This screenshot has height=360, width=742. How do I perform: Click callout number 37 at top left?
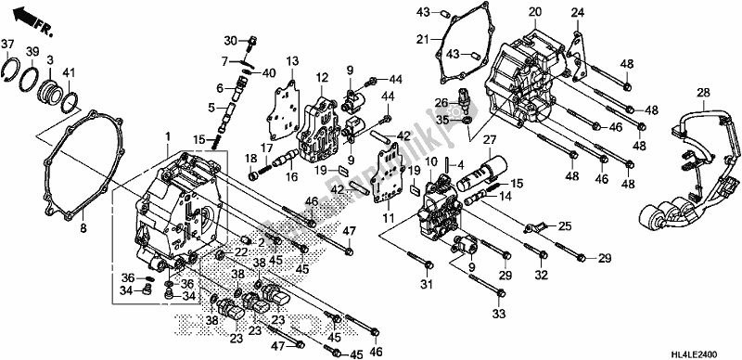click(x=7, y=45)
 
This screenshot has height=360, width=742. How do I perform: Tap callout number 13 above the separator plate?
click(x=293, y=60)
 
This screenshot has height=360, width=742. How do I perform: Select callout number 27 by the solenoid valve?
click(x=483, y=138)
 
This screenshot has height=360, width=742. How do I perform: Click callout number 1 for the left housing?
click(x=168, y=138)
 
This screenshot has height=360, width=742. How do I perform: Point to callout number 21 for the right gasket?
click(x=423, y=39)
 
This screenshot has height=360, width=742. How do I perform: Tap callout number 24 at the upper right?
click(x=577, y=12)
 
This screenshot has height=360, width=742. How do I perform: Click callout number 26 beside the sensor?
click(x=441, y=102)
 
